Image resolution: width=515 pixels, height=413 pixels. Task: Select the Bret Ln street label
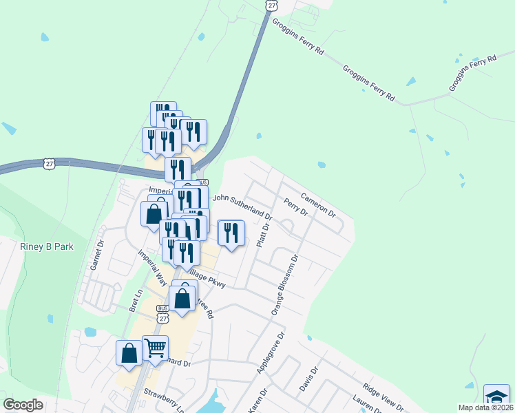pyautogui.click(x=136, y=300)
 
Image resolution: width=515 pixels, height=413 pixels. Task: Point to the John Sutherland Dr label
pyautogui.click(x=242, y=206)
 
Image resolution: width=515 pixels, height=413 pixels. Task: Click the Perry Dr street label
pyautogui.click(x=295, y=206)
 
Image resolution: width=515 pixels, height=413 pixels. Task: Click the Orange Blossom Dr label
pyautogui.click(x=284, y=286)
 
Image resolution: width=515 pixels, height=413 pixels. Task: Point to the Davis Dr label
pyautogui.click(x=309, y=379)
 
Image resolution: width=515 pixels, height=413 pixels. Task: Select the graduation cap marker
pyautogui.click(x=496, y=397)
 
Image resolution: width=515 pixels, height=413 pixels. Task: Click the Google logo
pyautogui.click(x=23, y=404)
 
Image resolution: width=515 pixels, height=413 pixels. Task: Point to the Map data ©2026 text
pyautogui.click(x=485, y=407)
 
